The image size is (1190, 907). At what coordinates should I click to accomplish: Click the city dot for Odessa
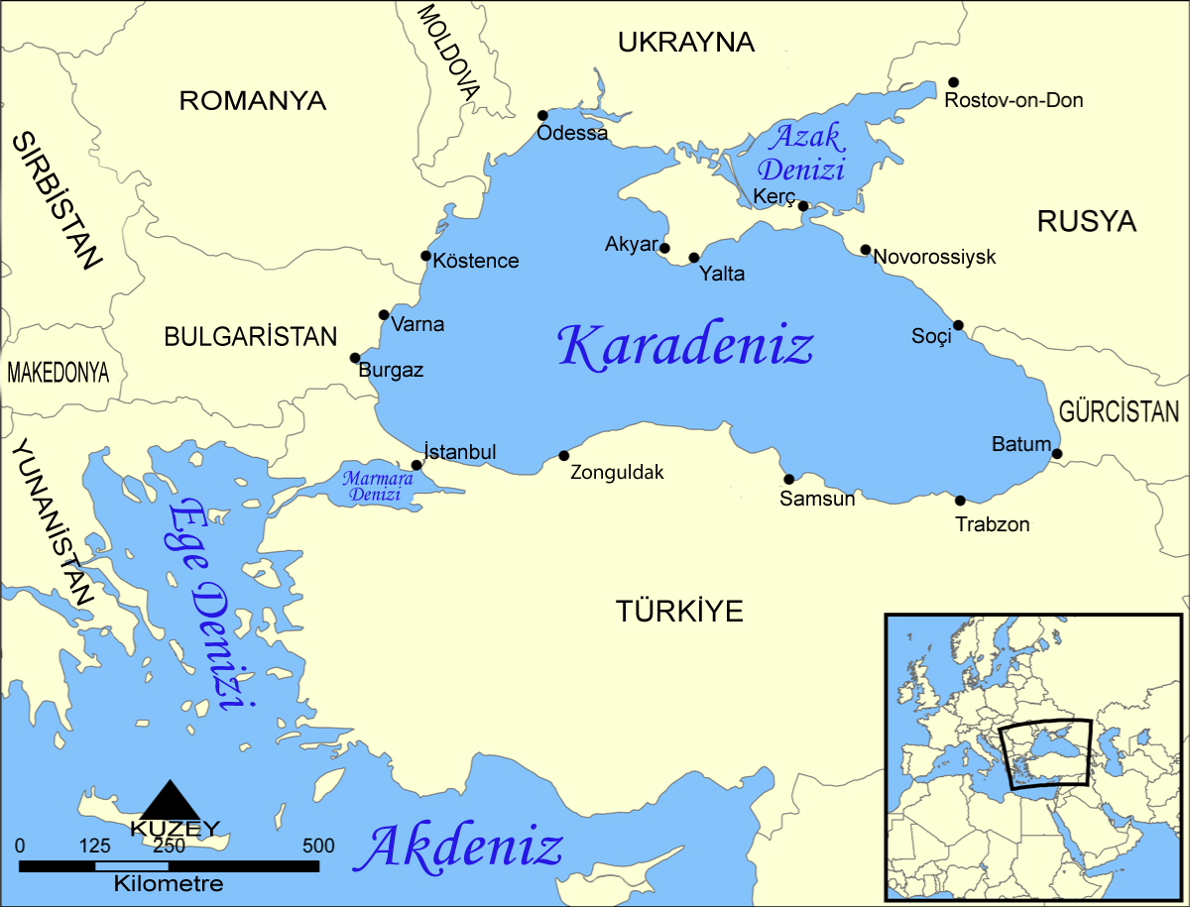click(542, 115)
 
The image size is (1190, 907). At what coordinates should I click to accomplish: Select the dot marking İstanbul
click(416, 464)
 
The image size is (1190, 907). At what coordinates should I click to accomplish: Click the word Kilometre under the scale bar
click(169, 883)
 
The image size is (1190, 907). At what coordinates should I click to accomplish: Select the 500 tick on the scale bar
click(318, 847)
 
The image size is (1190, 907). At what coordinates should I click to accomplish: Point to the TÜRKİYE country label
click(679, 612)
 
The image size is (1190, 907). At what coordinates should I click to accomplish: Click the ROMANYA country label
click(252, 100)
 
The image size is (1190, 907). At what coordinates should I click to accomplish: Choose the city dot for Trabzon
click(960, 501)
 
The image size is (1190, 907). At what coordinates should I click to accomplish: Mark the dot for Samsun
click(789, 479)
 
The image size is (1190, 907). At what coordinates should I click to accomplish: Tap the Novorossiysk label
click(934, 258)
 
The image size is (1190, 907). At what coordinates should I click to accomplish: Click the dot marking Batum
click(1057, 454)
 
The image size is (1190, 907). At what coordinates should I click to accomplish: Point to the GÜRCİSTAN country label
click(1119, 411)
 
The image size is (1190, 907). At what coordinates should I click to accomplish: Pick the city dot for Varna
click(385, 315)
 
